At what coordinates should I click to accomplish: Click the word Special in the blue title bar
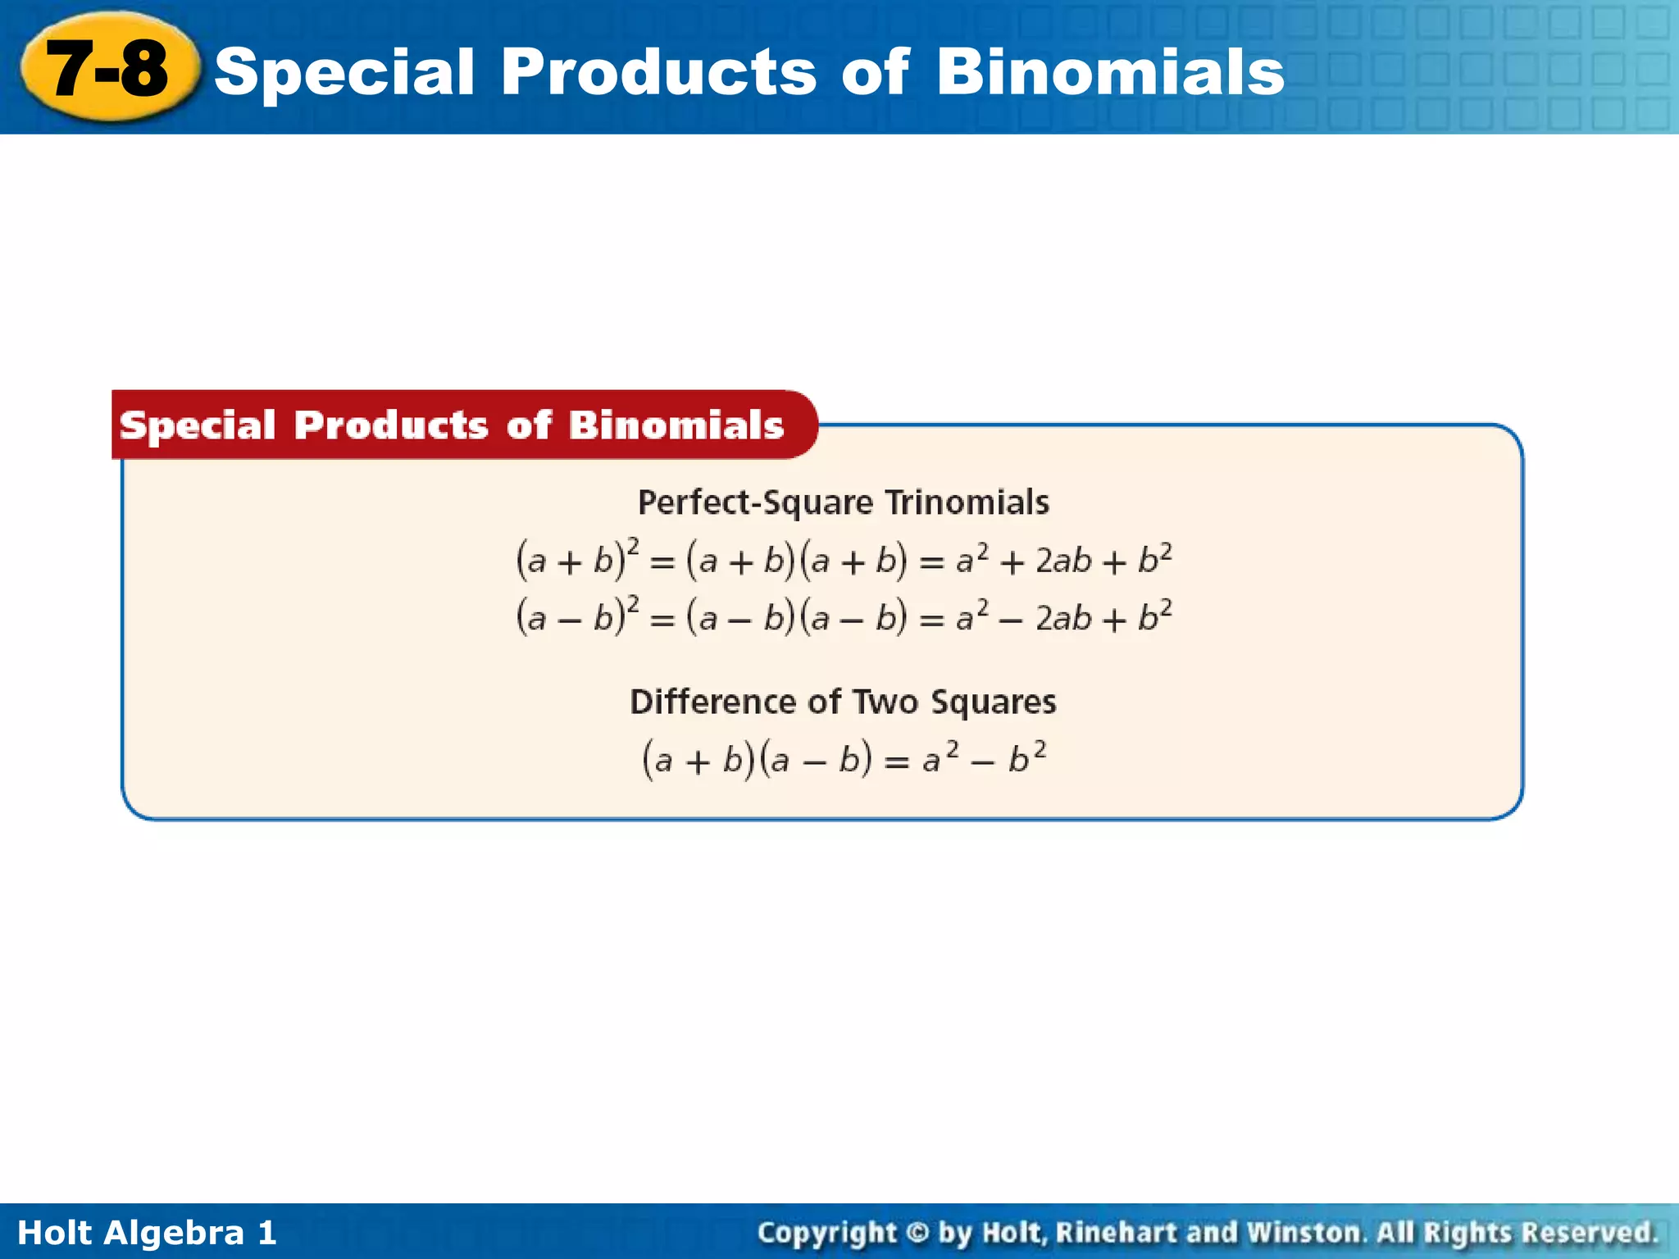(344, 72)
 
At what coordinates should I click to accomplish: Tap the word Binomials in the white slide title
(1110, 72)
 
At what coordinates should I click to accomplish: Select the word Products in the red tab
(391, 425)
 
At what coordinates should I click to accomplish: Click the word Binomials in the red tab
(676, 425)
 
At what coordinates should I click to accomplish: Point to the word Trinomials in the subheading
(967, 502)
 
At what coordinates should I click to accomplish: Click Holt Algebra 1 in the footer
(147, 1233)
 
